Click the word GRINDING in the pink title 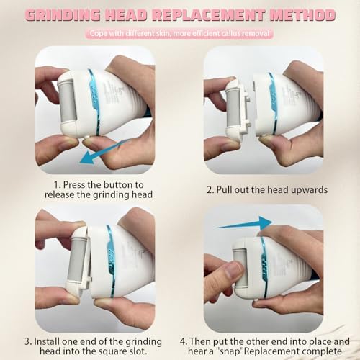pos(63,15)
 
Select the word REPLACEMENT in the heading pos(209,15)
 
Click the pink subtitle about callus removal pos(179,33)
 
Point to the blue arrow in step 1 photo pos(104,152)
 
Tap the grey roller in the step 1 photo pos(68,101)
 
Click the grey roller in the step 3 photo pos(76,259)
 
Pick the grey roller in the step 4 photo pos(240,269)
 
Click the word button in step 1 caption pos(119,185)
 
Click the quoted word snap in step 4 pos(230,352)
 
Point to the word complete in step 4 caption pos(322,351)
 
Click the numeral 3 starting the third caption pos(27,341)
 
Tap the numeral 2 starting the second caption pos(210,190)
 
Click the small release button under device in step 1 pos(89,137)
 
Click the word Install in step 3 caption pos(47,341)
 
